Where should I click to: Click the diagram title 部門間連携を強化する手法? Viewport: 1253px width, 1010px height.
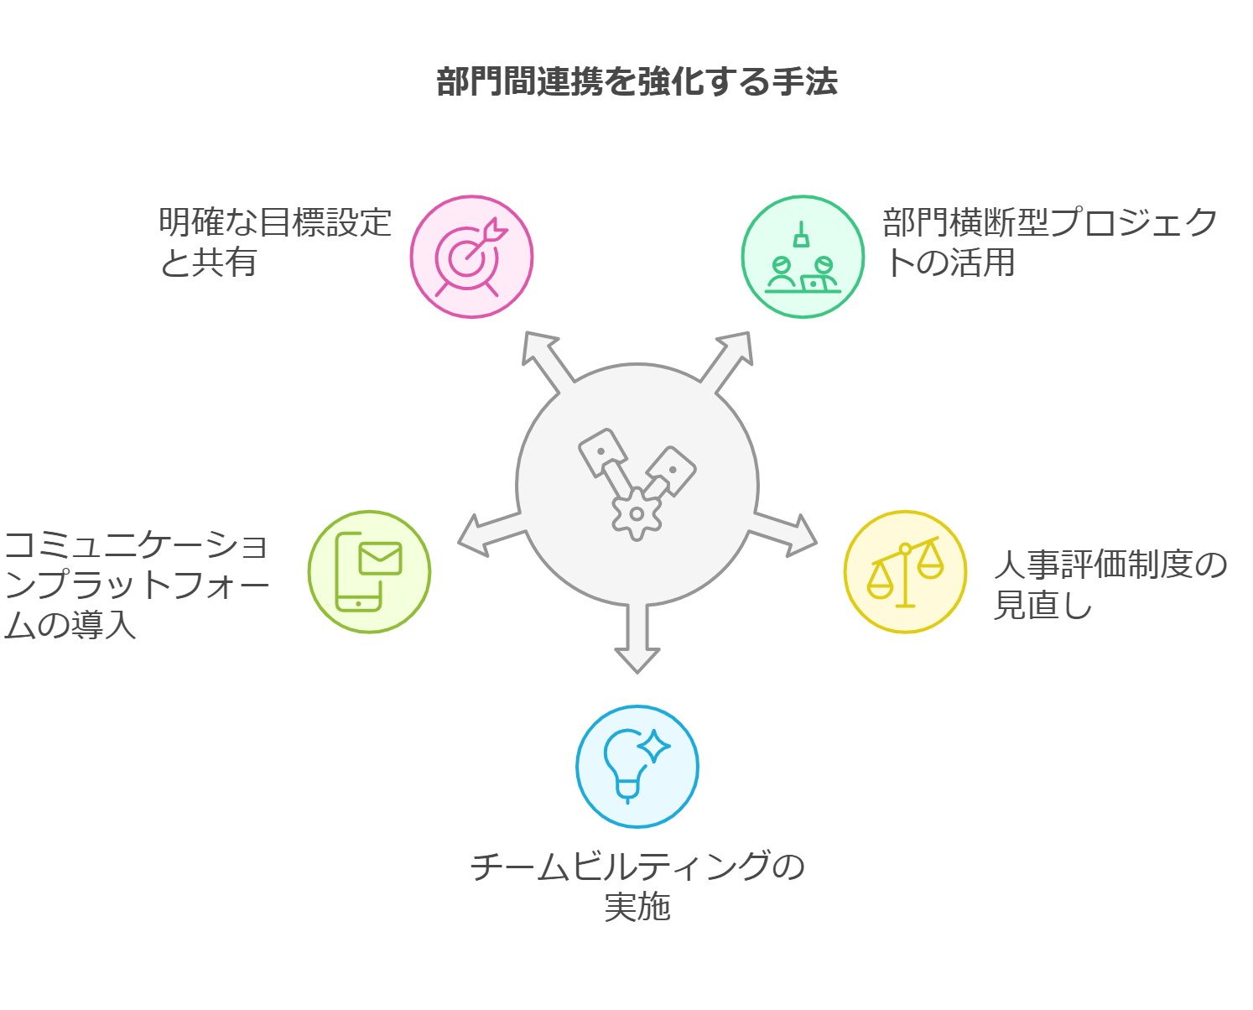point(637,81)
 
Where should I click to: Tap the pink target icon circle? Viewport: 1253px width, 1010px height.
point(471,257)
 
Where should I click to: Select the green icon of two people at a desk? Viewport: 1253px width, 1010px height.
point(803,257)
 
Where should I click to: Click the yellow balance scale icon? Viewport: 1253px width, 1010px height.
point(906,572)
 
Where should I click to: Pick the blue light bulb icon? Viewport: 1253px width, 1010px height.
point(637,767)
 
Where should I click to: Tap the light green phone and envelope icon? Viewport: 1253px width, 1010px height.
point(369,572)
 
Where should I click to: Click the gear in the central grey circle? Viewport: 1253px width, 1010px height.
point(637,513)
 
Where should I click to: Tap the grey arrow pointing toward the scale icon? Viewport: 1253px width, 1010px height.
point(783,534)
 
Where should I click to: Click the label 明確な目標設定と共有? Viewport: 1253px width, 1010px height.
point(275,242)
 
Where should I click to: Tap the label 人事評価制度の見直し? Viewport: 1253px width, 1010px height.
point(1110,584)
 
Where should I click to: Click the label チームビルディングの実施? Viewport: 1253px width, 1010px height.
point(637,886)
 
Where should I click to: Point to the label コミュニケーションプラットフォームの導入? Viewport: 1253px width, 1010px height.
point(136,584)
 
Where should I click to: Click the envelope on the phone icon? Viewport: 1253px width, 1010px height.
point(380,559)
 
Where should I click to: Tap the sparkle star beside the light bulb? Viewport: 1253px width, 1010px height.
point(654,746)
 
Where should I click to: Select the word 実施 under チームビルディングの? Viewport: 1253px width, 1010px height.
point(637,906)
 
